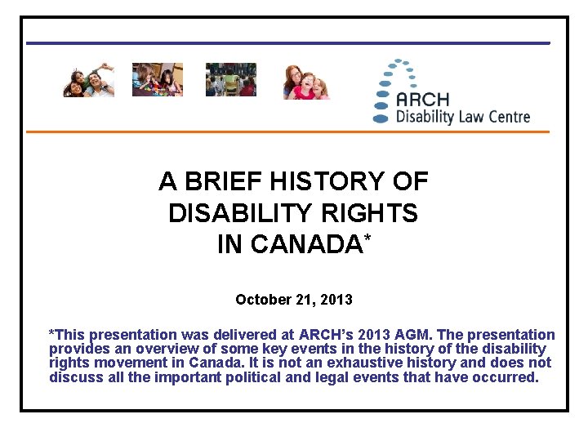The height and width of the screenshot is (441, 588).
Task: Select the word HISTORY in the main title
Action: (x=331, y=181)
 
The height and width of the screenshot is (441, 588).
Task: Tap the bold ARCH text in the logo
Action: (x=422, y=100)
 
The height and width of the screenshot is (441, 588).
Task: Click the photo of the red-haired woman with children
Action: (x=306, y=82)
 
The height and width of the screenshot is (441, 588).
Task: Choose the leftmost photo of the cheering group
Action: (x=89, y=80)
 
